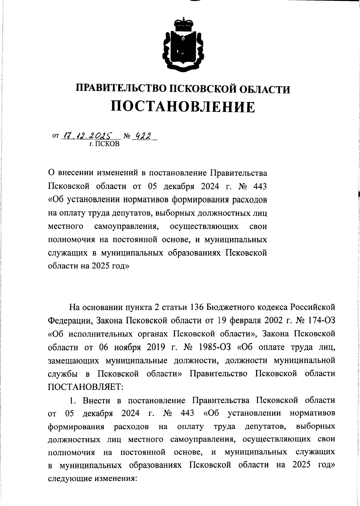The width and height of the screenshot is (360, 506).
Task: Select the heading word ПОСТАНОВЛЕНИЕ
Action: pyautogui.click(x=183, y=107)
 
